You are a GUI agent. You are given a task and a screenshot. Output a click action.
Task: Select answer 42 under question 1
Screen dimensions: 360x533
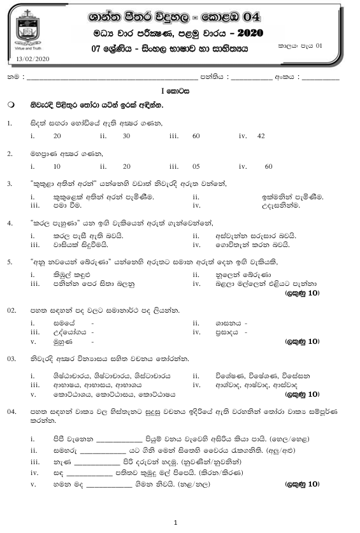pyautogui.click(x=261, y=136)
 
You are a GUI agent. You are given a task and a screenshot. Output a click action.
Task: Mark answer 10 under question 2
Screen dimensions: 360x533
pyautogui.click(x=57, y=166)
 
